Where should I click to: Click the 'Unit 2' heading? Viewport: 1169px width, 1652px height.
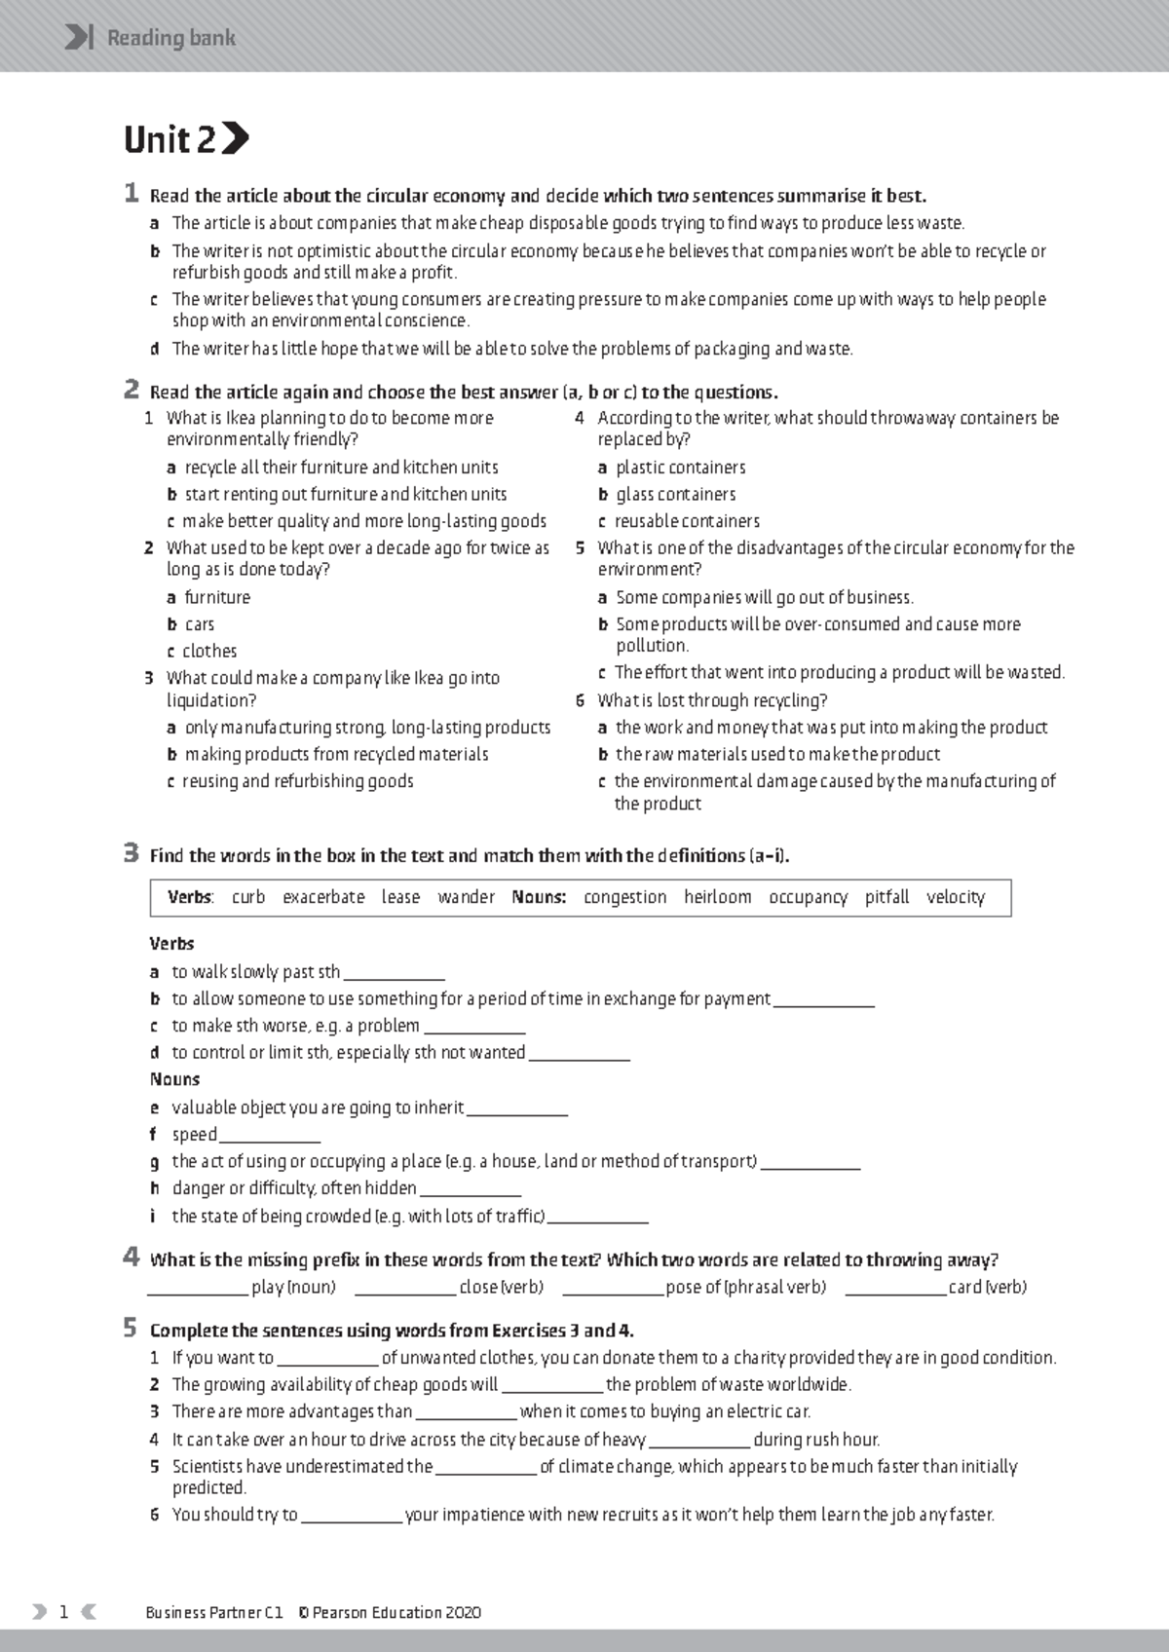[x=170, y=140]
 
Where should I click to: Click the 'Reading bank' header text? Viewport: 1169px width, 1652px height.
[x=170, y=38]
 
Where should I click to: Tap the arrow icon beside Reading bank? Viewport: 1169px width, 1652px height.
[x=78, y=38]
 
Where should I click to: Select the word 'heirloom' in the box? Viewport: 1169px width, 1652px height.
[x=717, y=897]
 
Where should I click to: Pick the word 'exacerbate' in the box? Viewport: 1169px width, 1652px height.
[x=323, y=897]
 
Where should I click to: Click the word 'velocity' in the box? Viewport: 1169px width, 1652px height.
[x=955, y=897]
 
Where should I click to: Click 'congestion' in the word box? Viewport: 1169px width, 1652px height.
[x=624, y=897]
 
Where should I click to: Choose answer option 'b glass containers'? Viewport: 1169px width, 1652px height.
[x=675, y=495]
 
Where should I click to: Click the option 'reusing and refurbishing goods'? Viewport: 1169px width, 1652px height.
[x=297, y=781]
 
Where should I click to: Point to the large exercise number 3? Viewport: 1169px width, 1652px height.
[x=131, y=853]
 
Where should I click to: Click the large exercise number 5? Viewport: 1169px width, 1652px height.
[x=131, y=1328]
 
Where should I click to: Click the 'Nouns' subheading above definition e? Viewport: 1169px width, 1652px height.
[x=174, y=1079]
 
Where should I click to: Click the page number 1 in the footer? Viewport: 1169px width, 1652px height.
[x=63, y=1612]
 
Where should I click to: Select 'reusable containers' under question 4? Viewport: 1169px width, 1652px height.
[x=686, y=521]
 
